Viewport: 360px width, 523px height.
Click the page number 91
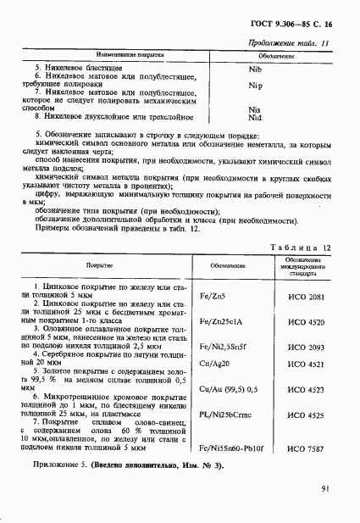click(326, 488)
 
